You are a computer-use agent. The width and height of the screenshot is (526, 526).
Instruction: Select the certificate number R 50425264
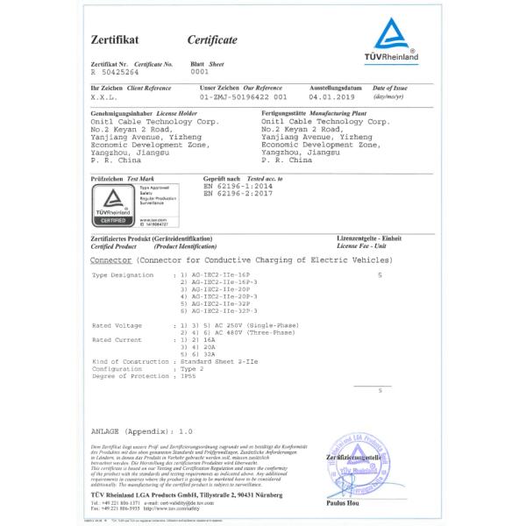pyautogui.click(x=115, y=73)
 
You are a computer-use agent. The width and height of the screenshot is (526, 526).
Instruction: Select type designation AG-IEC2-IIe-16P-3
pyautogui.click(x=222, y=282)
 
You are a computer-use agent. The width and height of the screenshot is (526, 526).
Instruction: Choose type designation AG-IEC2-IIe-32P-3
pyautogui.click(x=222, y=311)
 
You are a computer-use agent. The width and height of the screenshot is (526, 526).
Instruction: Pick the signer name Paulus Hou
pyautogui.click(x=342, y=504)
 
